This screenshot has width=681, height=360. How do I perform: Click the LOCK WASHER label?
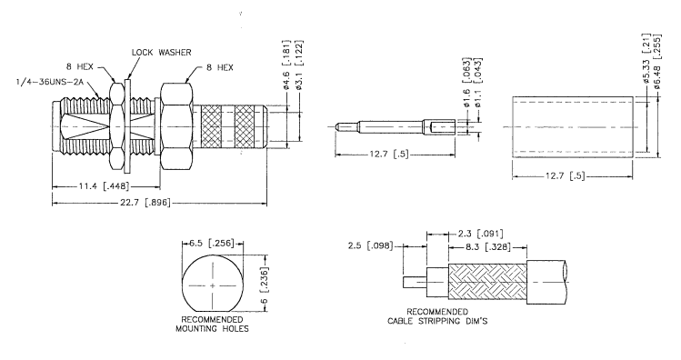161,53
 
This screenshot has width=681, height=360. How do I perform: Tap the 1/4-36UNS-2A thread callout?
49,82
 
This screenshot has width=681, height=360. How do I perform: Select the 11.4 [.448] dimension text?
104,186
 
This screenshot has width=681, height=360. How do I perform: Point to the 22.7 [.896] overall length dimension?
145,203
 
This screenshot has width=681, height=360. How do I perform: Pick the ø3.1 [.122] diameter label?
299,65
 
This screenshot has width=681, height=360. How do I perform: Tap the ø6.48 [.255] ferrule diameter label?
657,60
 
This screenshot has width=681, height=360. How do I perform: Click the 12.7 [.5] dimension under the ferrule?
565,176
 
